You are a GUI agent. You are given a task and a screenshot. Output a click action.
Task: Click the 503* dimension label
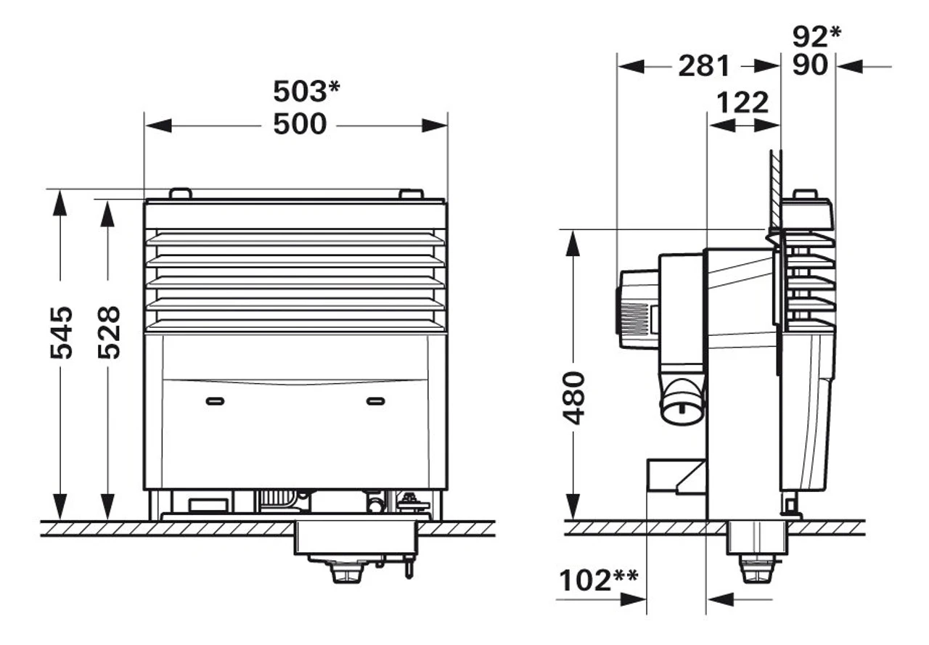tap(306, 91)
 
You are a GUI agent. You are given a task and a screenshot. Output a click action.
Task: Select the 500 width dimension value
tap(300, 124)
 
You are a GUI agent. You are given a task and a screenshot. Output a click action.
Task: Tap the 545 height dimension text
tap(62, 332)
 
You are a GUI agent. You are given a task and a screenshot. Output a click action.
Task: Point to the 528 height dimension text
tap(109, 332)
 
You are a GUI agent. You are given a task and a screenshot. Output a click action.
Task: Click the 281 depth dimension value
tap(703, 66)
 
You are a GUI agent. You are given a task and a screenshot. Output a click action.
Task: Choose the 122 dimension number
tap(742, 102)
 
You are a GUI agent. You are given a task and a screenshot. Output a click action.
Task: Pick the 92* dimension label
tap(816, 36)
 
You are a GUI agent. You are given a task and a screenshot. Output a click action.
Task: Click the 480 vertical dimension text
tap(574, 397)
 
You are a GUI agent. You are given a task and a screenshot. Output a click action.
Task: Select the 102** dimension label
tap(598, 580)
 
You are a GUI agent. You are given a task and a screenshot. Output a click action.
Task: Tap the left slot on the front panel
tap(215, 401)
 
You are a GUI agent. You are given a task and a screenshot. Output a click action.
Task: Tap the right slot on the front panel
tap(375, 401)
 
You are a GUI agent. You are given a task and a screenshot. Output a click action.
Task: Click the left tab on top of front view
tap(180, 194)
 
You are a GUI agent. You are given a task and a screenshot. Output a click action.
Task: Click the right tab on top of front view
tap(411, 194)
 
